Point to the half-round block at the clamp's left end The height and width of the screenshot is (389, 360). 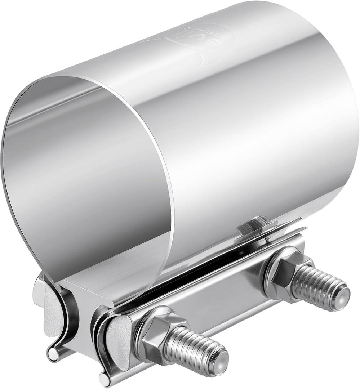50,310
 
